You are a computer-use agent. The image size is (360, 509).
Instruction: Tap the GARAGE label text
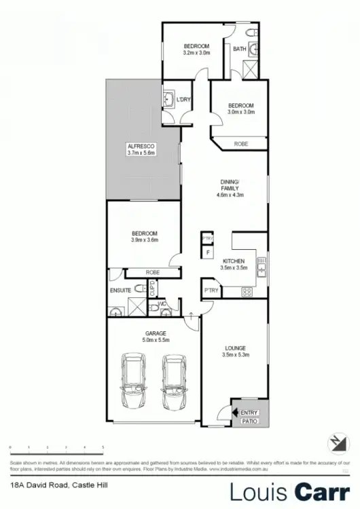click(156, 333)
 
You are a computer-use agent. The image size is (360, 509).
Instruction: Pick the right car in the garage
click(174, 383)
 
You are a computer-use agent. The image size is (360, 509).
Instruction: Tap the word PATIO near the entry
click(249, 421)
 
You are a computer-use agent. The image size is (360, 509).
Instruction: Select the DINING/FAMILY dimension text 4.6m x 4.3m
click(230, 195)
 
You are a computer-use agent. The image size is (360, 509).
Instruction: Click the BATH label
click(239, 49)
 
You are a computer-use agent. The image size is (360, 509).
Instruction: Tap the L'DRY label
click(183, 100)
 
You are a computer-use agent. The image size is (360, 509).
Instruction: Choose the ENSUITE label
click(120, 290)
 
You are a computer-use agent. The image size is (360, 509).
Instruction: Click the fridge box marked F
click(207, 252)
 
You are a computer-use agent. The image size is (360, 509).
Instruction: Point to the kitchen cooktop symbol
click(247, 293)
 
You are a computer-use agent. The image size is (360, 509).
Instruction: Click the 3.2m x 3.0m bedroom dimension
click(196, 52)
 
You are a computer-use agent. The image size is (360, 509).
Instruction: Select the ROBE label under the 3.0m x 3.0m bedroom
click(240, 145)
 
